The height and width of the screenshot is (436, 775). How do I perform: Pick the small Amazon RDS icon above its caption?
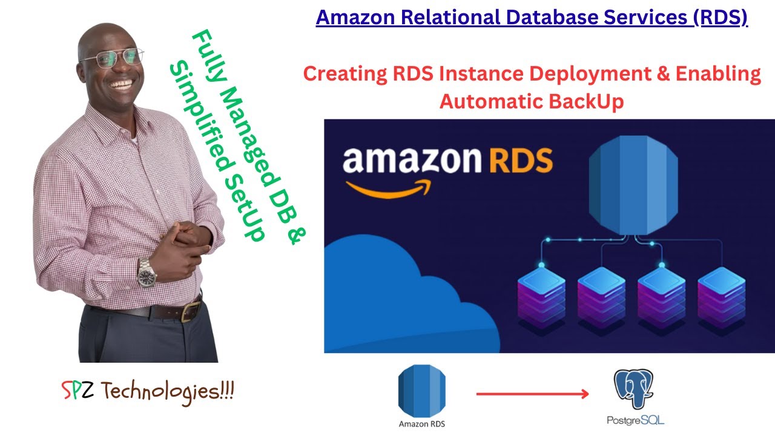[x=422, y=390]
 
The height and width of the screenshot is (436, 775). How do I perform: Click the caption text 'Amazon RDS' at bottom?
[x=422, y=423]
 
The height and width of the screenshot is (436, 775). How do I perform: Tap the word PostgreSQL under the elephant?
[x=636, y=420]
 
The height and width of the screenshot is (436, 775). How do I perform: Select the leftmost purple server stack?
[x=541, y=296]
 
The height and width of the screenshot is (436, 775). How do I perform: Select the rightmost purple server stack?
[x=722, y=296]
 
